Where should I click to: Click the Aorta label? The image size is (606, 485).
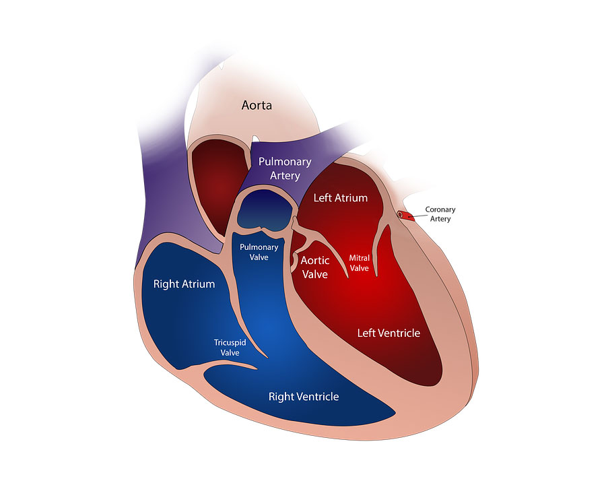(x=257, y=106)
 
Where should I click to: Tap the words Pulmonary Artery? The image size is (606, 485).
(x=284, y=168)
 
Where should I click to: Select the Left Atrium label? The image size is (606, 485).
(x=341, y=198)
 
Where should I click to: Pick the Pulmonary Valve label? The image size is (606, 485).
(x=259, y=252)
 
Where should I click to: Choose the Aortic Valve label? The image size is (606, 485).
(x=314, y=267)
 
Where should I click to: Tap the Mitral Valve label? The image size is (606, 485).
(x=359, y=262)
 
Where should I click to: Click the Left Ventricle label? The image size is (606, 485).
(x=389, y=333)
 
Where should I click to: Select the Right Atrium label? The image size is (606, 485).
(x=184, y=284)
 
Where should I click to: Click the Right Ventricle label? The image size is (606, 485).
(x=304, y=397)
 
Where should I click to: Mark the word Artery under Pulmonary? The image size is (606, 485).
(x=284, y=176)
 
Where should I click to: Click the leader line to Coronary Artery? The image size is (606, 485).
(x=417, y=215)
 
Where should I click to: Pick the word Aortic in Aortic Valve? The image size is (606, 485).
(x=314, y=261)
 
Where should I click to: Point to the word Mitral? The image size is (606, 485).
(x=359, y=257)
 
